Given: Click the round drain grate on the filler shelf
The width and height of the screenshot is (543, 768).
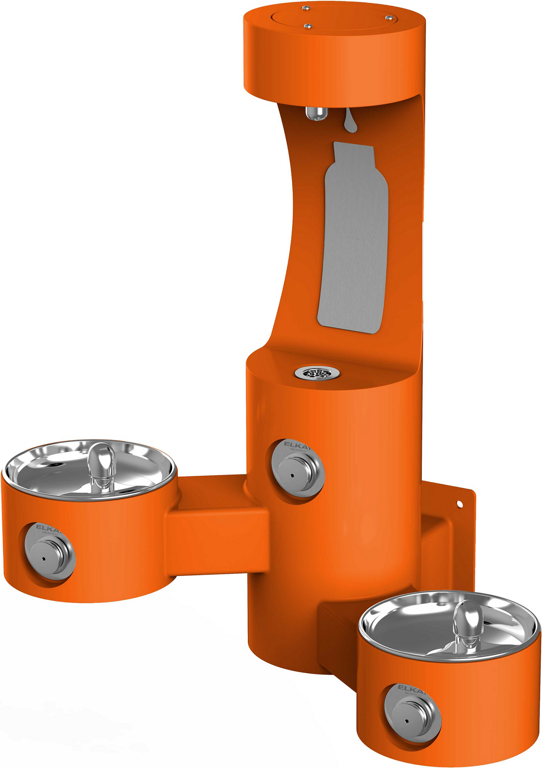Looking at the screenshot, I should coord(317,372).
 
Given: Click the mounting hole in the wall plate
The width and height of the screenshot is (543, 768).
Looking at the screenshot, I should coord(459,504).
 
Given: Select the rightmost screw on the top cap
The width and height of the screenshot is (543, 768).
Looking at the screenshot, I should coord(389,17).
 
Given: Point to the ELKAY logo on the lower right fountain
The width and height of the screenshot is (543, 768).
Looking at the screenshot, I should coord(409,688).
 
